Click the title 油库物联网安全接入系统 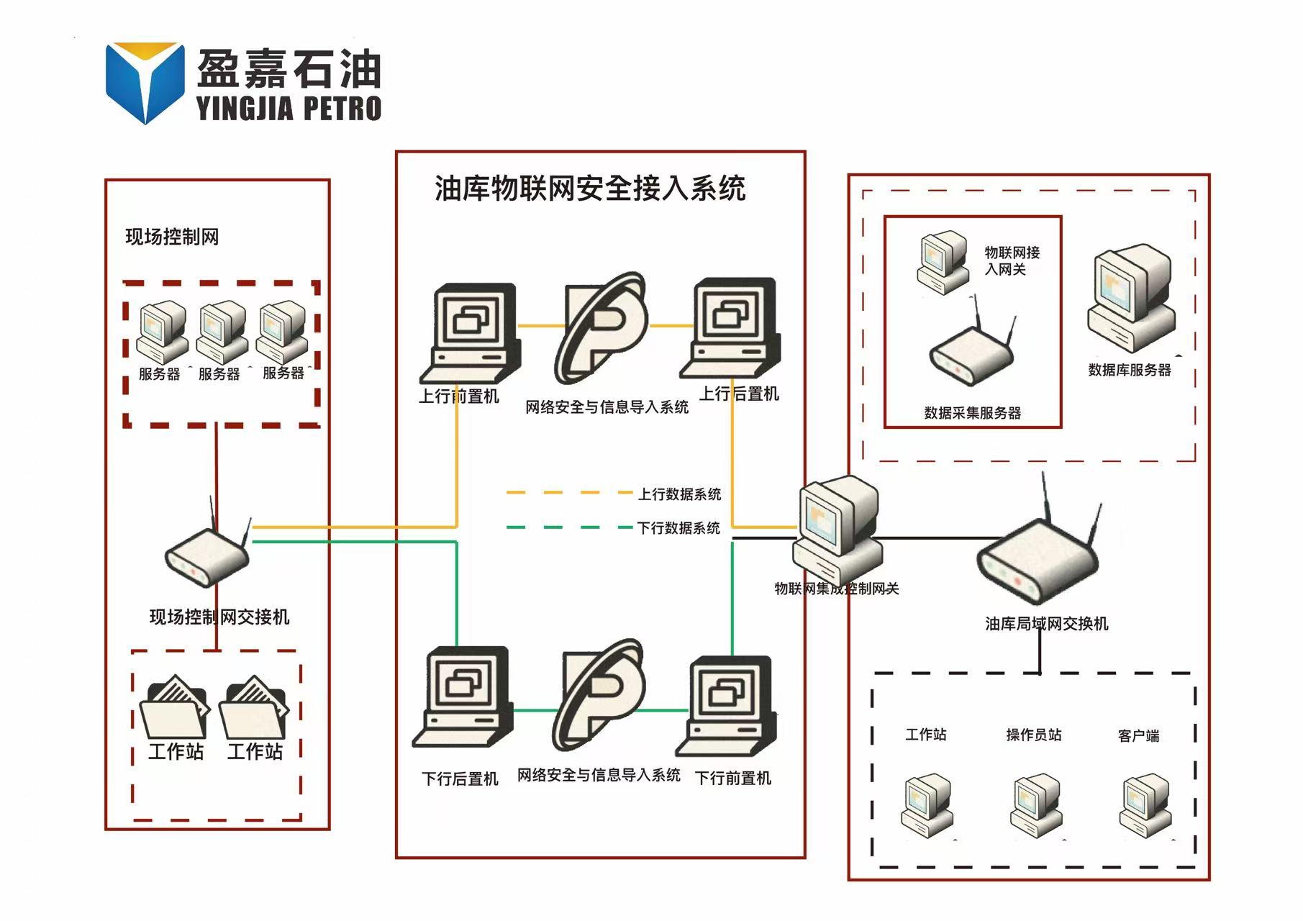pos(589,189)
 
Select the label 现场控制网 pos(172,237)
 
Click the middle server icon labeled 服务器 pos(222,332)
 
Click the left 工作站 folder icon pos(175,708)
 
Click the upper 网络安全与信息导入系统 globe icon pos(601,327)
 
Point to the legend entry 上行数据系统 pos(678,494)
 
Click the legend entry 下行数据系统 pos(678,528)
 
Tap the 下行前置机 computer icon pos(727,705)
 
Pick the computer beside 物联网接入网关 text pos(943,262)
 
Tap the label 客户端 pos(1138,735)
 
